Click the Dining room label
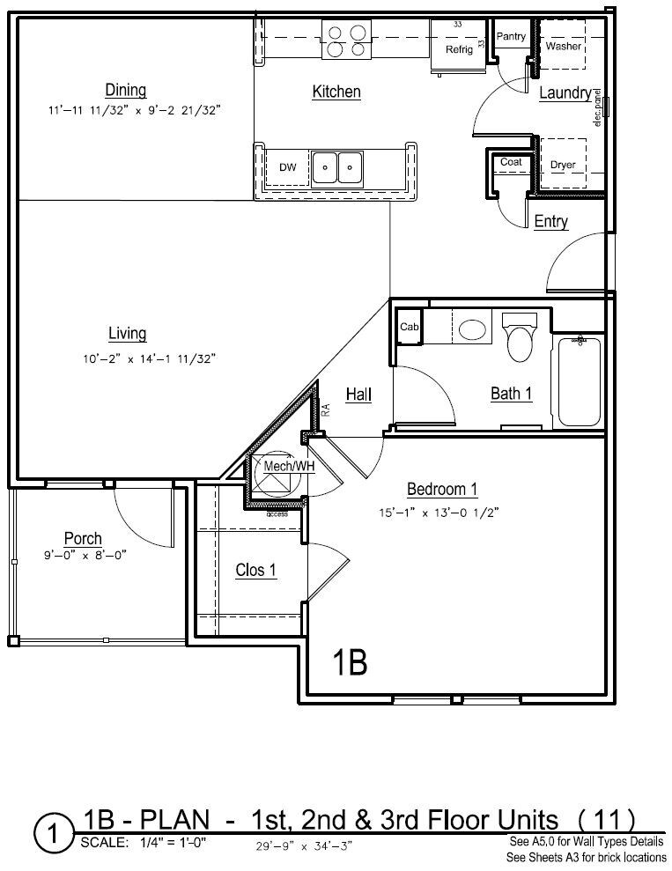click(x=125, y=90)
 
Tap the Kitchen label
click(x=336, y=92)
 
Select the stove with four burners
click(x=345, y=41)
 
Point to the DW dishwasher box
click(x=287, y=166)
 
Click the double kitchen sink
click(x=338, y=166)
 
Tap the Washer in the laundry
click(x=563, y=46)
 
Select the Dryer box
click(x=563, y=165)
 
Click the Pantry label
click(x=511, y=37)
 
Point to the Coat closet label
click(x=511, y=162)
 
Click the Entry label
click(x=551, y=222)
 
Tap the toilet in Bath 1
click(x=520, y=338)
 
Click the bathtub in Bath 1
click(x=579, y=380)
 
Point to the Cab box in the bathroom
click(x=409, y=327)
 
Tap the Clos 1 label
click(x=256, y=571)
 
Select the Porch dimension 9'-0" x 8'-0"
click(x=83, y=556)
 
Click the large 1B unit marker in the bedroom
click(x=350, y=661)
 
